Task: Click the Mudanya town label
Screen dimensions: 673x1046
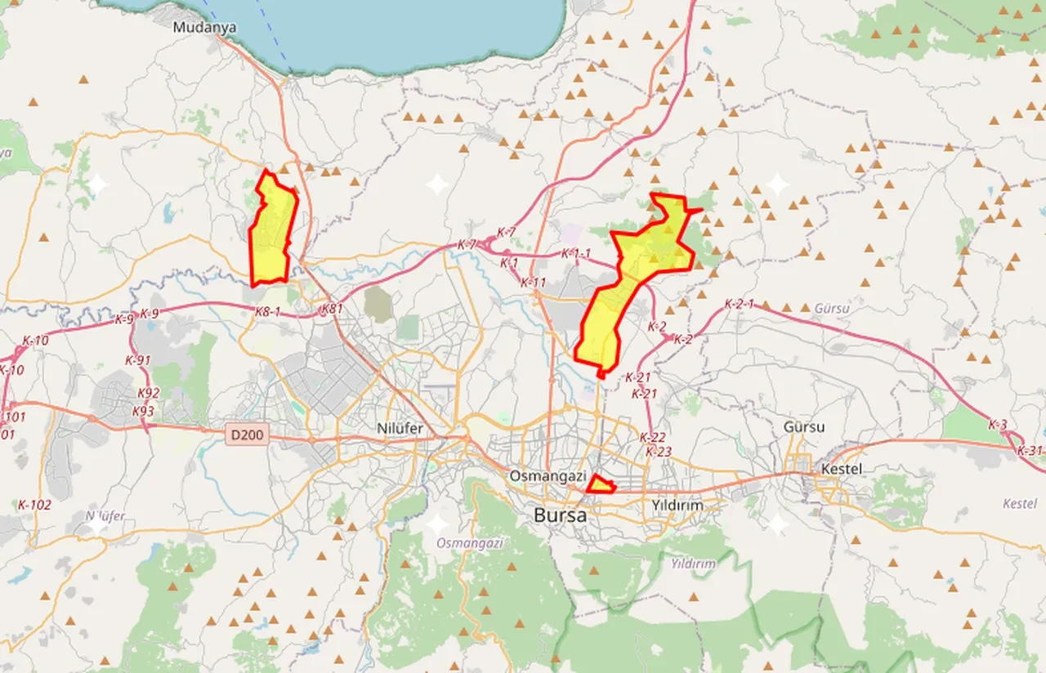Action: (x=204, y=27)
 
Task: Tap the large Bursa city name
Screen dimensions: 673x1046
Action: (x=560, y=515)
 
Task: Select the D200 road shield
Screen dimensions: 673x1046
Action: (x=246, y=435)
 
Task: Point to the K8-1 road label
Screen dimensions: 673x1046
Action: (x=267, y=311)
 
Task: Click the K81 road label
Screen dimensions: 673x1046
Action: (x=332, y=309)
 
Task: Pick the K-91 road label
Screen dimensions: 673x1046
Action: (x=138, y=360)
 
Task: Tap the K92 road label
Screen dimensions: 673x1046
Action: (x=148, y=393)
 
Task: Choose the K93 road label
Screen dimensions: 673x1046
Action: (x=143, y=411)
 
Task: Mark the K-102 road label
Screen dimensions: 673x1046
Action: (x=34, y=505)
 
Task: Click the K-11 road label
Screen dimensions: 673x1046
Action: (x=533, y=282)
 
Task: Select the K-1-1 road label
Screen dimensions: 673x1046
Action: (x=575, y=254)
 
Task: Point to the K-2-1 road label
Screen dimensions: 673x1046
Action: (x=739, y=304)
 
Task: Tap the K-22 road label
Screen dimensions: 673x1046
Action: (x=652, y=437)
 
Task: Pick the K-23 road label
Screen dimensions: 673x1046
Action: (x=658, y=452)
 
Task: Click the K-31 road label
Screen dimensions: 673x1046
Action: (x=1030, y=451)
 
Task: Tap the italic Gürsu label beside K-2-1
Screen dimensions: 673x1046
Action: (x=832, y=309)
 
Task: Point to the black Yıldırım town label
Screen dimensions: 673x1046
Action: (x=677, y=506)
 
